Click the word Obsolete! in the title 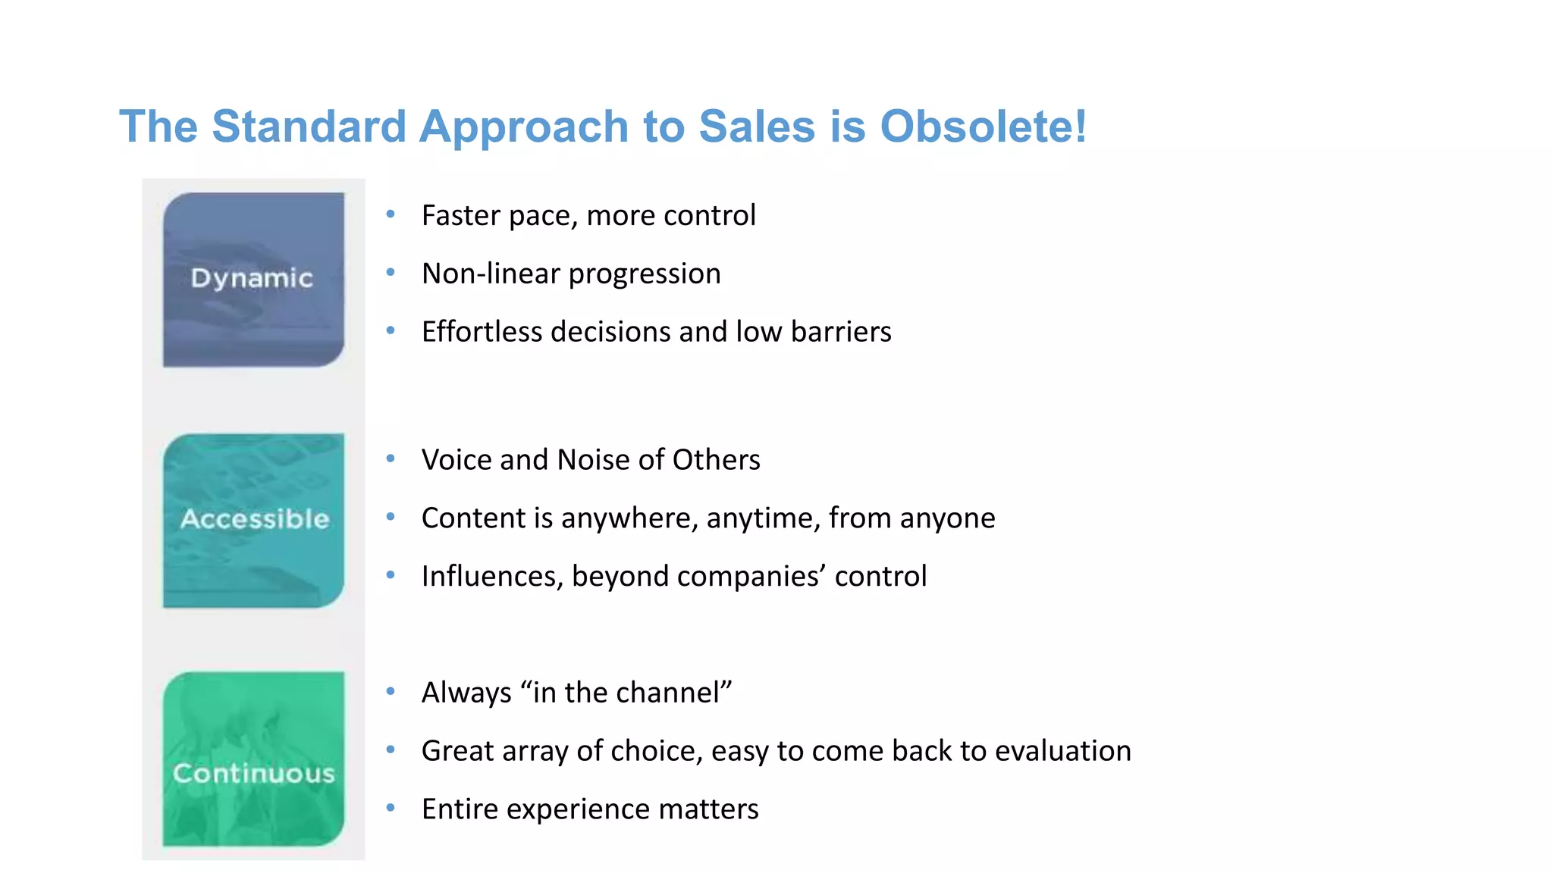(984, 127)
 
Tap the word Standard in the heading (309, 127)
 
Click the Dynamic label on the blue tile (252, 278)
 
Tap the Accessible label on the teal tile (255, 519)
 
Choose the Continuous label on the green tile (254, 774)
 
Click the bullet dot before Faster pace (391, 214)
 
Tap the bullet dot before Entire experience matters (391, 808)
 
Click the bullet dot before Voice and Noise (391, 458)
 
